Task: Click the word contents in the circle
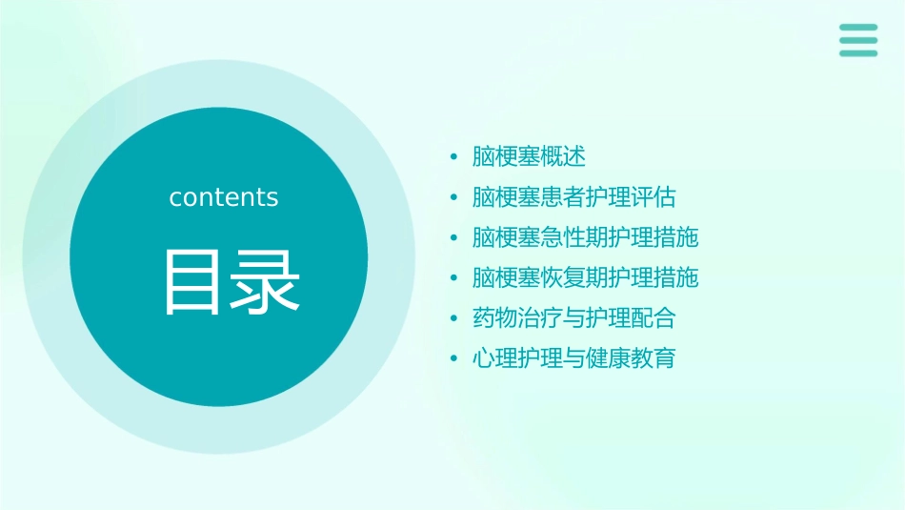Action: pyautogui.click(x=224, y=197)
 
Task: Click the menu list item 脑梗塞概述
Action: pyautogui.click(x=529, y=156)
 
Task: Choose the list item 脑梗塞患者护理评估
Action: pyautogui.click(x=573, y=197)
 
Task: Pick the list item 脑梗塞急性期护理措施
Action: pyautogui.click(x=585, y=237)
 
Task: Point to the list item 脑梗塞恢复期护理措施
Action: pyautogui.click(x=585, y=277)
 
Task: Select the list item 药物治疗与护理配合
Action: pyautogui.click(x=573, y=318)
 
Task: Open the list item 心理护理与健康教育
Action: pyautogui.click(x=573, y=359)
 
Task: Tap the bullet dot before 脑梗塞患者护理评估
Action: pyautogui.click(x=454, y=198)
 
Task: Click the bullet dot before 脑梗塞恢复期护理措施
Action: pyautogui.click(x=454, y=278)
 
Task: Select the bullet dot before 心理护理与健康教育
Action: pyautogui.click(x=454, y=360)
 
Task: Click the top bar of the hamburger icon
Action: pyautogui.click(x=858, y=28)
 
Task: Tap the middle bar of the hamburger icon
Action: pyautogui.click(x=858, y=40)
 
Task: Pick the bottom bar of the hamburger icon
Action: pyautogui.click(x=858, y=53)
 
